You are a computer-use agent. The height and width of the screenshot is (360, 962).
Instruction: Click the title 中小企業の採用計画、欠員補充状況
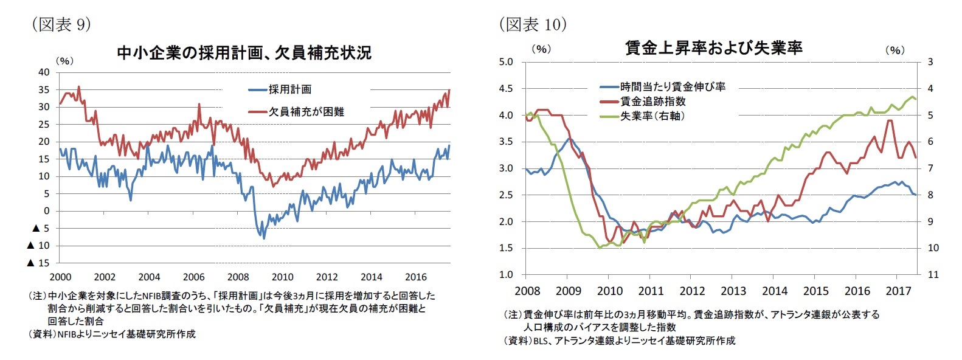[x=243, y=53]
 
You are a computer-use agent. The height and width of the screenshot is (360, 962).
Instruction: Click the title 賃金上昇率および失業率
[x=713, y=47]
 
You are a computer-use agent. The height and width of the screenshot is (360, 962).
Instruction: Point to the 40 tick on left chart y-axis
[x=44, y=72]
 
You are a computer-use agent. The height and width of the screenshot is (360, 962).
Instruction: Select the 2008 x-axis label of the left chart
[x=238, y=277]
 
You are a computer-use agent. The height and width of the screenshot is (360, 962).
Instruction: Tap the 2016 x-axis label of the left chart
[x=416, y=277]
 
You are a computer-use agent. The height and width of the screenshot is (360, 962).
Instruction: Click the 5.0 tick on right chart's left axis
[x=506, y=61]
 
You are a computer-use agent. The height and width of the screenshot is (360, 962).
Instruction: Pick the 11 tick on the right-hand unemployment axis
[x=933, y=274]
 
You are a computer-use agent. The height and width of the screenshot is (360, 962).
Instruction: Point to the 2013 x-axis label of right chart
[x=733, y=291]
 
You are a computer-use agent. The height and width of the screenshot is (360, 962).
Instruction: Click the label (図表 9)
[x=61, y=24]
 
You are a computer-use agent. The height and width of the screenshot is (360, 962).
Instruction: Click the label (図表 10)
[x=533, y=24]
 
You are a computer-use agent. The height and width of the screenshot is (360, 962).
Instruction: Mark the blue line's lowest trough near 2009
[x=264, y=238]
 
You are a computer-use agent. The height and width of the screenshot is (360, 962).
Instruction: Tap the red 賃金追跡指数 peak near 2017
[x=890, y=120]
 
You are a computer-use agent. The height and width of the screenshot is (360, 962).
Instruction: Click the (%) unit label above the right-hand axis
[x=895, y=50]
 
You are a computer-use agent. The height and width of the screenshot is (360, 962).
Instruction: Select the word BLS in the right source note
[x=540, y=341]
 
